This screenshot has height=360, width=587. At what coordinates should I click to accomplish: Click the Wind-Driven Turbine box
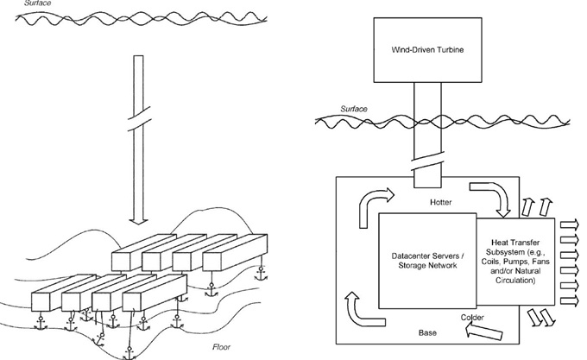click(427, 50)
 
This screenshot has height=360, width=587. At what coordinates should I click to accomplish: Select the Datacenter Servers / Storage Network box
click(427, 261)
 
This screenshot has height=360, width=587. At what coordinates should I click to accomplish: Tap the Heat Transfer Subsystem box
click(515, 262)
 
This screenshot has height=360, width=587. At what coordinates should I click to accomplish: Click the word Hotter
click(440, 202)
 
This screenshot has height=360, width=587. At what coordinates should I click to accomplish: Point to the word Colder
click(472, 318)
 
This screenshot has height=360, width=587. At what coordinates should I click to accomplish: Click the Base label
click(427, 332)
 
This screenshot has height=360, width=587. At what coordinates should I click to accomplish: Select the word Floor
click(222, 347)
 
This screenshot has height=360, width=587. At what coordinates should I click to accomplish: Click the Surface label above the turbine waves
click(354, 109)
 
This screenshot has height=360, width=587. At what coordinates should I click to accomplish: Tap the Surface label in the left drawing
click(37, 3)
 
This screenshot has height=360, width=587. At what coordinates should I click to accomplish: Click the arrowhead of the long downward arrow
click(138, 221)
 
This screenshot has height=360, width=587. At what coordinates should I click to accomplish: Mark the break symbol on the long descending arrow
click(139, 118)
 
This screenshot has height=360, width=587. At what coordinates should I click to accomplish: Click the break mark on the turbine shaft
click(427, 161)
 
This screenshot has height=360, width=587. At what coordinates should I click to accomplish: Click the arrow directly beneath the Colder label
click(483, 332)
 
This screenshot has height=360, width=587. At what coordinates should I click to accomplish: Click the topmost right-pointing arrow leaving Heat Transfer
click(569, 224)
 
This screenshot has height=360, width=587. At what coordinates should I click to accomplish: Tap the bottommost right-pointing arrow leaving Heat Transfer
click(569, 300)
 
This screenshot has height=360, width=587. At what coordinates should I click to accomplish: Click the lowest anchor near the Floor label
click(129, 354)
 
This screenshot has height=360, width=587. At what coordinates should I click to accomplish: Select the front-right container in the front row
click(155, 293)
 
